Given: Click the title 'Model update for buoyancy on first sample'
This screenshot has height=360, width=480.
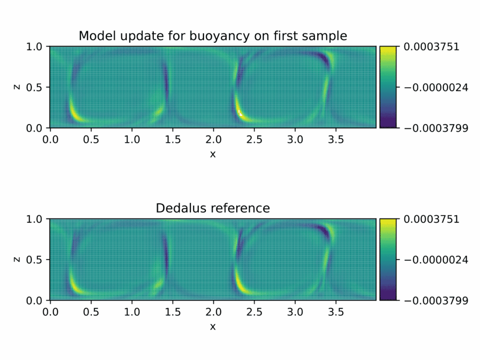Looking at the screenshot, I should coord(213,36).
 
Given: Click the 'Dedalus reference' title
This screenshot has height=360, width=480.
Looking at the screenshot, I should coord(213,208).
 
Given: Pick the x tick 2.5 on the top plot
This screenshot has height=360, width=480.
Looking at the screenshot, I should coord(255,139).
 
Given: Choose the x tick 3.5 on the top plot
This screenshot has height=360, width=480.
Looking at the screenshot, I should coord(336,139).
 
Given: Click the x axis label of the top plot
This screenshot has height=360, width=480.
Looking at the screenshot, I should coord(213,154).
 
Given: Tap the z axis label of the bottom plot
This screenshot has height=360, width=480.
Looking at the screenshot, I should coord(17,259).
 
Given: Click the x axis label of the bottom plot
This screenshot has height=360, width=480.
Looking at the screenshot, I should coord(213,326).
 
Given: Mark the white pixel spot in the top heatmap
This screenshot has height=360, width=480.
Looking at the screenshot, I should coord(240,113).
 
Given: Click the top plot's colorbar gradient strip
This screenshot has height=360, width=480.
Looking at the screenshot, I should coord(388,87).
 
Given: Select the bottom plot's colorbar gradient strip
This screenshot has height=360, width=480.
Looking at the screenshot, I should coord(388,259).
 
